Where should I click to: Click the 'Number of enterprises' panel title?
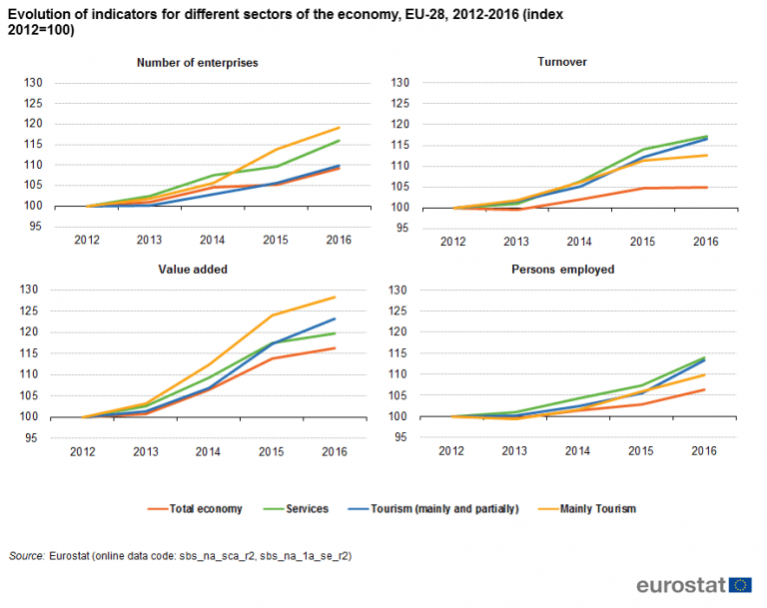click(197, 62)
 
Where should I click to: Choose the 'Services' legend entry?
click(307, 508)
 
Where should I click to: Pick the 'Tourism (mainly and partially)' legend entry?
click(455, 508)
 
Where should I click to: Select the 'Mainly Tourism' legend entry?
click(596, 508)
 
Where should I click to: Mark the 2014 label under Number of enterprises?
click(211, 242)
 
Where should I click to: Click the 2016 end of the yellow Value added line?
click(335, 297)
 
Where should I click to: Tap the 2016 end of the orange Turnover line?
click(707, 187)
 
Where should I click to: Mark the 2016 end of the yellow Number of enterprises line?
click(340, 127)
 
